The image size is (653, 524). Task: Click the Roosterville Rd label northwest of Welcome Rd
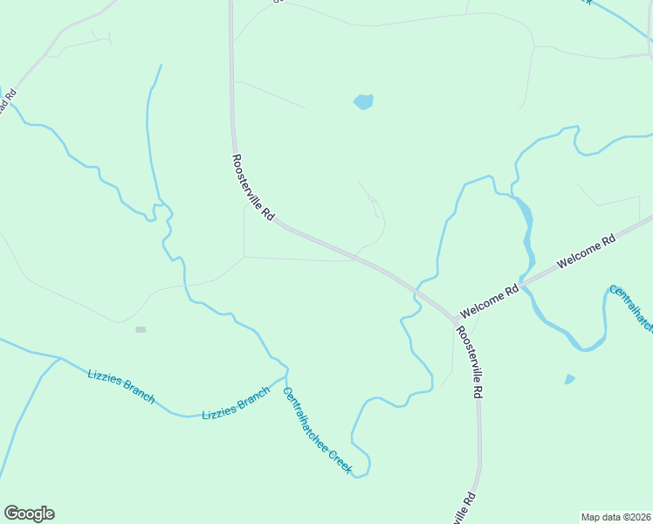[253, 187]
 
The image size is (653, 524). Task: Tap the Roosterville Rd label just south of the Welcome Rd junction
[469, 362]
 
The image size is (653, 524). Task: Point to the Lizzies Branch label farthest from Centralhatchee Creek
[120, 386]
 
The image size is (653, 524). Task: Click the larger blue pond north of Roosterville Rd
[363, 101]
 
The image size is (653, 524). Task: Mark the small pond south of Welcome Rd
[570, 379]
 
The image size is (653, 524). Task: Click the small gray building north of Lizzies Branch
[141, 329]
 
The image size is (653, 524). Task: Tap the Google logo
[30, 513]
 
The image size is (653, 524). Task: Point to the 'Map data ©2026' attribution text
[616, 517]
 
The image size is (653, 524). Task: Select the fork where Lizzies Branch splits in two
[59, 358]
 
